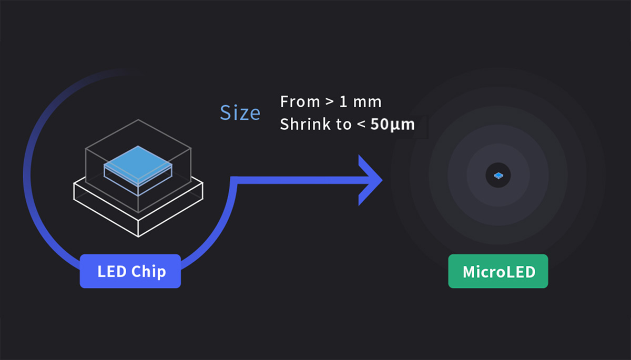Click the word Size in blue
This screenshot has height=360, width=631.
point(240,112)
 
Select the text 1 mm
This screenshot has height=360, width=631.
point(360,101)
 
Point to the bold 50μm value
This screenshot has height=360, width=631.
point(393,125)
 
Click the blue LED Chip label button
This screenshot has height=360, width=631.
point(130,271)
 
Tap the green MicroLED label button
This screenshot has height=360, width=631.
point(498,271)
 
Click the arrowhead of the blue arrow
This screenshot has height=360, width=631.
point(371,180)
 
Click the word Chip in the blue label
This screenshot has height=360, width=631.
point(148,272)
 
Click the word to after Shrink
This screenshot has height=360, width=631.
point(343,125)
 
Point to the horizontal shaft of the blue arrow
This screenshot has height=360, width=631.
point(294,180)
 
